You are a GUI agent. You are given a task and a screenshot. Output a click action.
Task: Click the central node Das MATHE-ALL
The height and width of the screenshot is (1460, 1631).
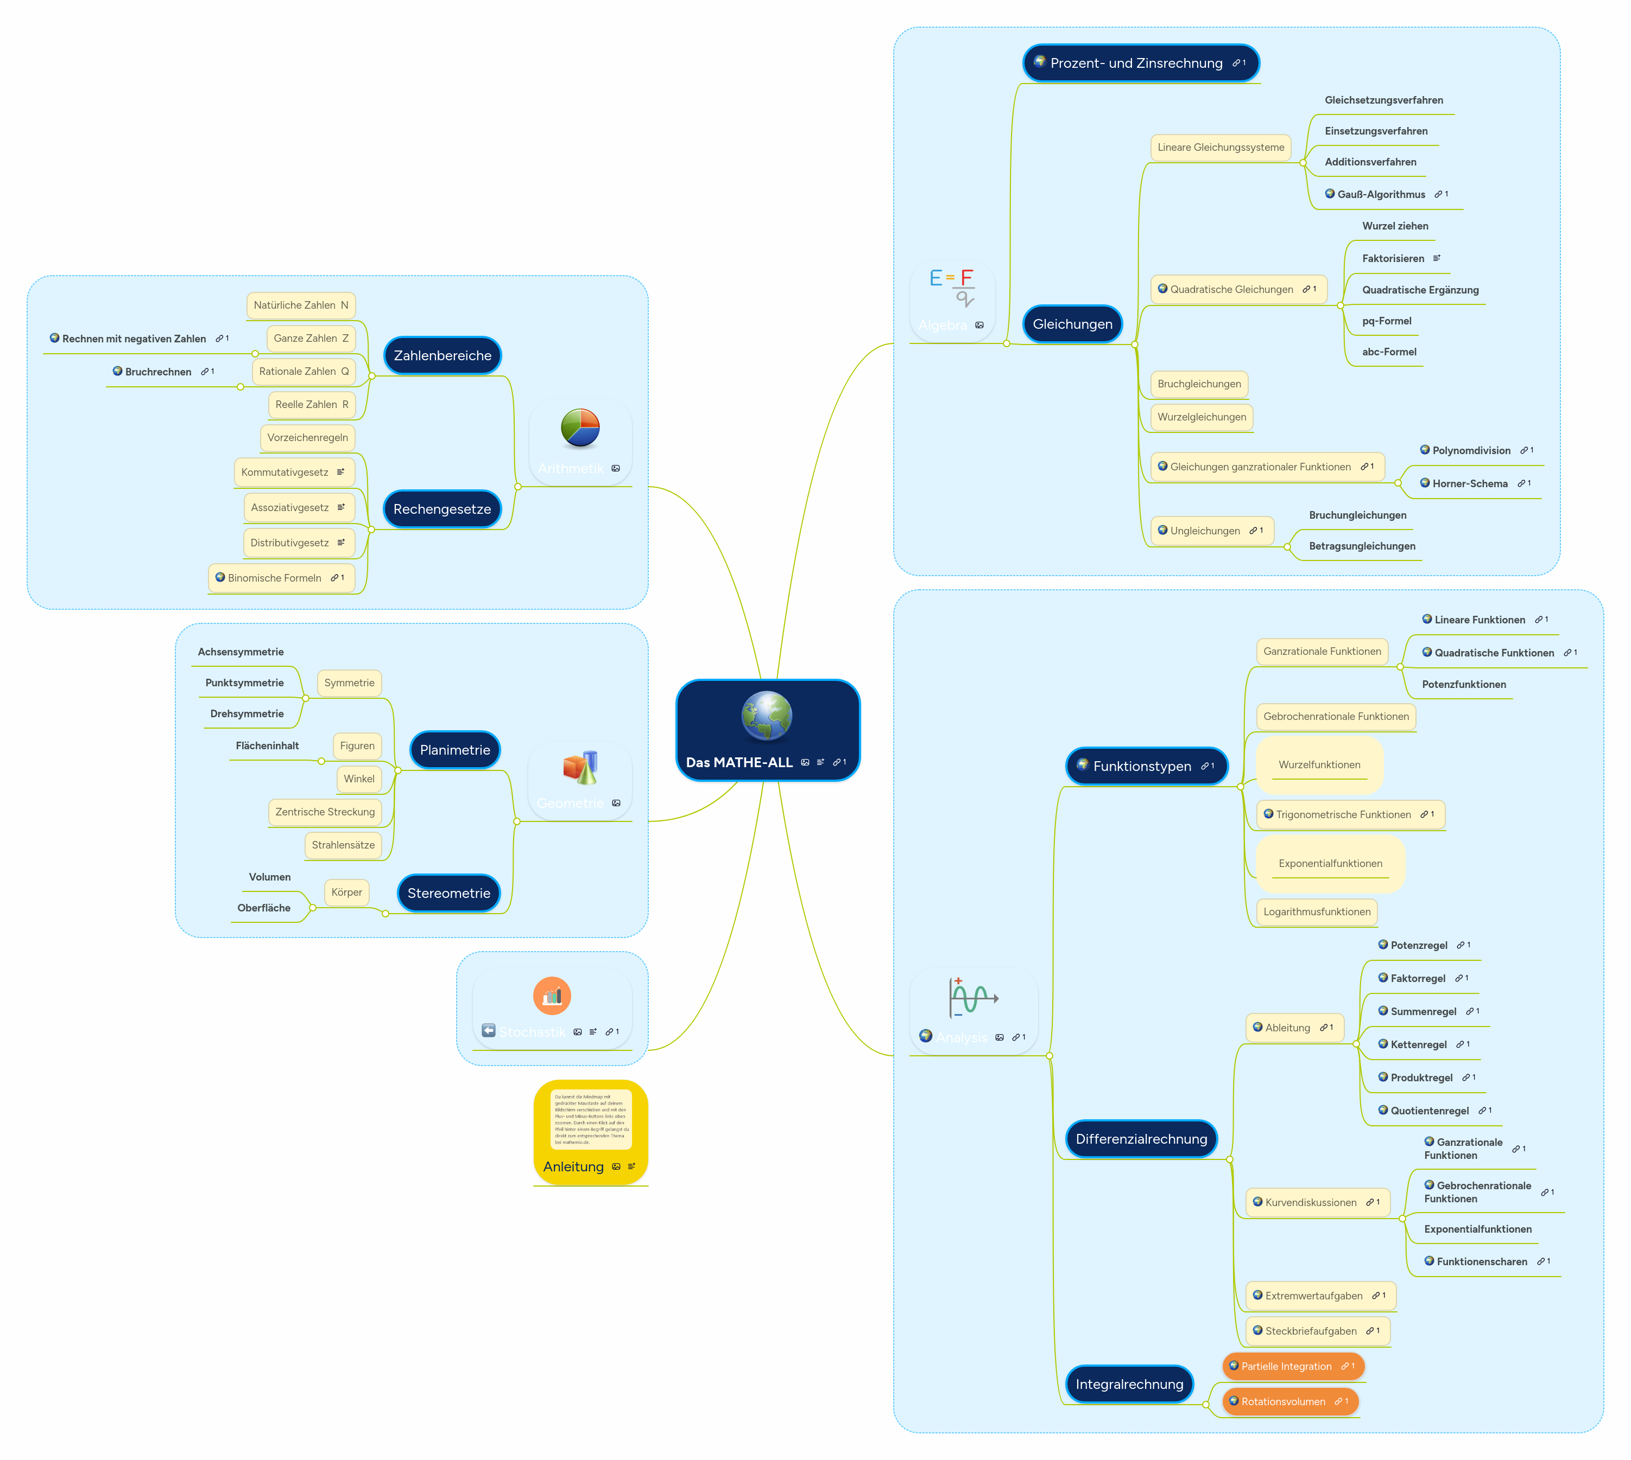pyautogui.click(x=738, y=762)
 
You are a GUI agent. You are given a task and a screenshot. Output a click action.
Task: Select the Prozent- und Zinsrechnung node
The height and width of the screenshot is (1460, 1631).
pyautogui.click(x=1136, y=63)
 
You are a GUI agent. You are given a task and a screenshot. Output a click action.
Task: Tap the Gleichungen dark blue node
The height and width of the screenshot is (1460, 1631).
pyautogui.click(x=1072, y=324)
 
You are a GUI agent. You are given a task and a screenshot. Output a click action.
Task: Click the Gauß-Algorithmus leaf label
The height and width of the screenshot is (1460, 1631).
pyautogui.click(x=1381, y=194)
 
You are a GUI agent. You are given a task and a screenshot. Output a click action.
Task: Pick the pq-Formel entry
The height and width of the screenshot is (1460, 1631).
pyautogui.click(x=1386, y=321)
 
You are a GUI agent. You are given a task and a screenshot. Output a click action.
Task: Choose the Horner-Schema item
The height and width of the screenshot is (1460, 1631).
pyautogui.click(x=1470, y=484)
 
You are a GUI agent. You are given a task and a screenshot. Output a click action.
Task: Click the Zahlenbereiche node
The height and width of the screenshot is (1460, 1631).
pyautogui.click(x=442, y=355)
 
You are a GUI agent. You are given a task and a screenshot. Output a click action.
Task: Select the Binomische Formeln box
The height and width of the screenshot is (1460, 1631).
pyautogui.click(x=275, y=578)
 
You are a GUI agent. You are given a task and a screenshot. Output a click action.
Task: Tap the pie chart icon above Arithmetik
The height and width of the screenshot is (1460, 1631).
pyautogui.click(x=580, y=428)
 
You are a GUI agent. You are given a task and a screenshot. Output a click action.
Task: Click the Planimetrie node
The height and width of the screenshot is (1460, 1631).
pyautogui.click(x=455, y=750)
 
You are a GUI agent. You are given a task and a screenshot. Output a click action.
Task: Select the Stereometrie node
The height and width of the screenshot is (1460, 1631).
pyautogui.click(x=448, y=893)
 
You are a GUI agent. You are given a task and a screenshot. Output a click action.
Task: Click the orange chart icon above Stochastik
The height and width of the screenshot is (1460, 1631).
pyautogui.click(x=552, y=996)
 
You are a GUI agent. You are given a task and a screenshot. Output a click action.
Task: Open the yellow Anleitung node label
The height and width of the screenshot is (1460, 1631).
pyautogui.click(x=573, y=1166)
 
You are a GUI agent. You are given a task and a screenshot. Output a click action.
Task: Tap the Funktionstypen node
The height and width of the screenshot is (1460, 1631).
pyautogui.click(x=1142, y=766)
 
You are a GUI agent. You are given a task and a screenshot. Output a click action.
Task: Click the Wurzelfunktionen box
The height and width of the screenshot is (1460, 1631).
pyautogui.click(x=1319, y=764)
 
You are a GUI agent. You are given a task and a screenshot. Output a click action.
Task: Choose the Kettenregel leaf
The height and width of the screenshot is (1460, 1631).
pyautogui.click(x=1418, y=1044)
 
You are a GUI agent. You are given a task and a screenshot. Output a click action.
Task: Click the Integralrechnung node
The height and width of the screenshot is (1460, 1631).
pyautogui.click(x=1129, y=1384)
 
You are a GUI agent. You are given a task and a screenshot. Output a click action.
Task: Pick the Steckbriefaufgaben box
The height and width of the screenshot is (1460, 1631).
pyautogui.click(x=1311, y=1331)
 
